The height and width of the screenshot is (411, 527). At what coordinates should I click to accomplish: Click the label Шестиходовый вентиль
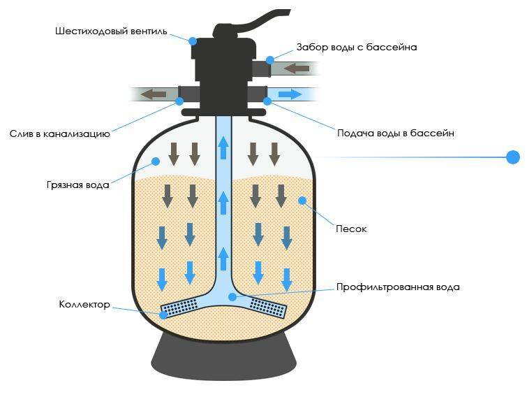point(111,31)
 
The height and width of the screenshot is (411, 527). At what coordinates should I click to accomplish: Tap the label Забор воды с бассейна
point(357,47)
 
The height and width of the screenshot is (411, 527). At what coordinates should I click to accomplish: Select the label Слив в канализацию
point(60,134)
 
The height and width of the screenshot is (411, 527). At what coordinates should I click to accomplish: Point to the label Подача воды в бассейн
point(396,134)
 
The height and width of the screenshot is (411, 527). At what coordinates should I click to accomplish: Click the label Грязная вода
point(78,185)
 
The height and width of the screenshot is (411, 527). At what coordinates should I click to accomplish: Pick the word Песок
point(351,229)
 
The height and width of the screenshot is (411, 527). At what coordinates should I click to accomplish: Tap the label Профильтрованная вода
point(398,287)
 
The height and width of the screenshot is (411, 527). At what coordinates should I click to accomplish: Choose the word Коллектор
point(84,304)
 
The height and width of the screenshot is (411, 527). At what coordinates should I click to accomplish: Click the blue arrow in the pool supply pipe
point(290,94)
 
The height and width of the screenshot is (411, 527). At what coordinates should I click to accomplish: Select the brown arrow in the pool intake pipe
point(297,69)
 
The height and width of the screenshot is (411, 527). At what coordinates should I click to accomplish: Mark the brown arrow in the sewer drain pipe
point(154,94)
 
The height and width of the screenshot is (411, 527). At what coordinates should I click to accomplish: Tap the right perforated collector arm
point(269,308)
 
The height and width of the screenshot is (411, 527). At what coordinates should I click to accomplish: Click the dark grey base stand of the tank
point(223,356)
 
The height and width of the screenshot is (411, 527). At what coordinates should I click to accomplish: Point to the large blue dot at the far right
point(513,157)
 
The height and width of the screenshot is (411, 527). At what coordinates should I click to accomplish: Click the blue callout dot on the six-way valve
point(193,41)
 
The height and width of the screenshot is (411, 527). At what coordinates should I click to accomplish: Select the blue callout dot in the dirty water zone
point(155,161)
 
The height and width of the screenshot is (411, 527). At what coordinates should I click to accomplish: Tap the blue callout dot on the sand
point(302,201)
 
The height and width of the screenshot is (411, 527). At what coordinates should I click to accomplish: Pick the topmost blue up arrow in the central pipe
point(223,147)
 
